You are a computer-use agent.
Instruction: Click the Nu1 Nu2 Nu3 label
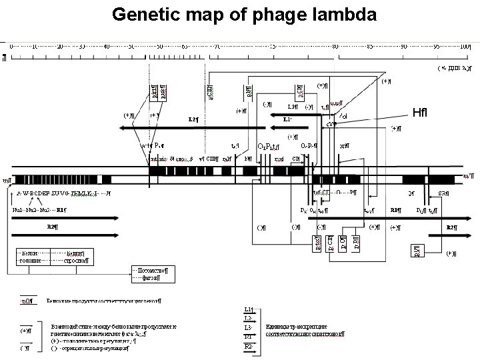coord(33,210)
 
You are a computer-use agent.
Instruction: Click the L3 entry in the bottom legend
coord(248,328)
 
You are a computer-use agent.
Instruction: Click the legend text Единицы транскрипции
coord(303,329)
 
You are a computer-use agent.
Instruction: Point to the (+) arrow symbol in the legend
coord(26,330)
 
